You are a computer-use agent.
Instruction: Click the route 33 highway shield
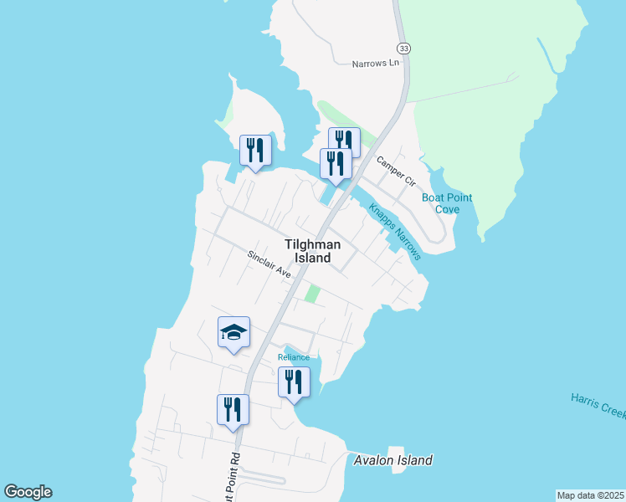pyautogui.click(x=404, y=49)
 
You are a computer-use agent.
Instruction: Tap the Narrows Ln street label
pyautogui.click(x=376, y=64)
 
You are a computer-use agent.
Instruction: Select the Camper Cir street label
pyautogui.click(x=396, y=171)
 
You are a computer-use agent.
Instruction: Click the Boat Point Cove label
pyautogui.click(x=447, y=203)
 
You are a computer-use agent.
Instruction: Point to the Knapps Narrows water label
pyautogui.click(x=394, y=232)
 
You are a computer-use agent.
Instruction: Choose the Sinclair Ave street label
pyautogui.click(x=269, y=264)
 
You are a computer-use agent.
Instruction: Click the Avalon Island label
pyautogui.click(x=393, y=460)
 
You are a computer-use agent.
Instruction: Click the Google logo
pyautogui.click(x=28, y=491)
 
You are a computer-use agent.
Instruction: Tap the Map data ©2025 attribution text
pyautogui.click(x=590, y=495)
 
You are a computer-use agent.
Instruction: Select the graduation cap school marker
pyautogui.click(x=233, y=333)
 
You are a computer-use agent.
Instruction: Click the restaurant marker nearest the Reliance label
pyautogui.click(x=294, y=382)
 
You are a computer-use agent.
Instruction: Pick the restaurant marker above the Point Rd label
pyautogui.click(x=233, y=410)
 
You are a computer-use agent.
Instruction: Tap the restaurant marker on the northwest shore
pyautogui.click(x=255, y=151)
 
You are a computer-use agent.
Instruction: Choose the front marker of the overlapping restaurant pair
pyautogui.click(x=336, y=164)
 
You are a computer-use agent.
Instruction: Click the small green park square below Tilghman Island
pyautogui.click(x=312, y=294)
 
